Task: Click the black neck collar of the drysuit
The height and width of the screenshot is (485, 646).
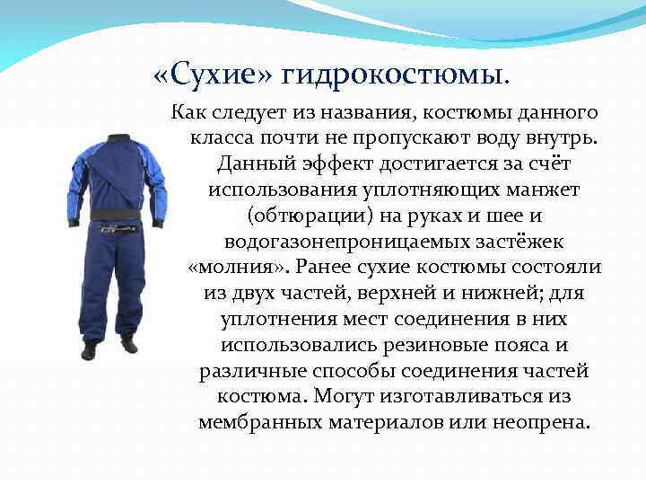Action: (x=117, y=139)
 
